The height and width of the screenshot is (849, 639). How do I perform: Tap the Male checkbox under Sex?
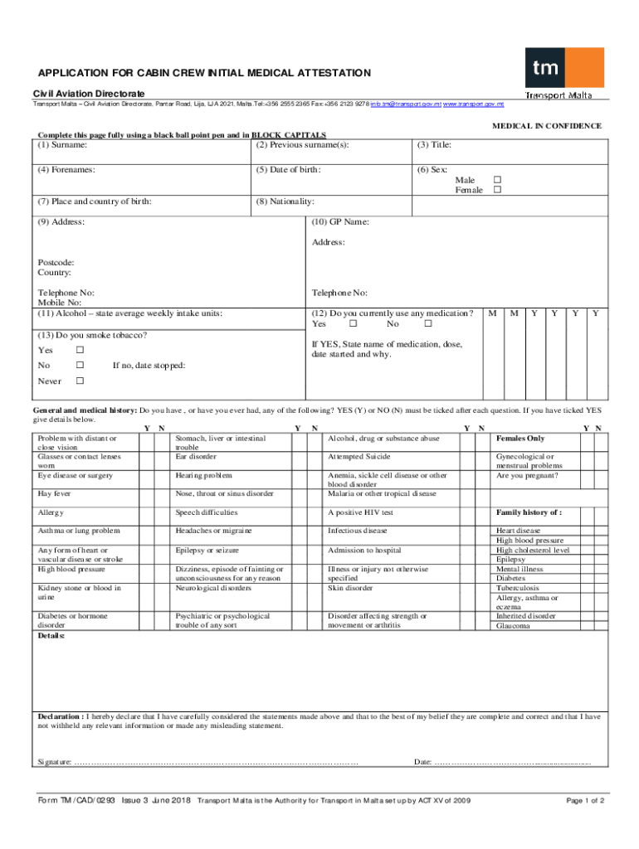click(x=498, y=180)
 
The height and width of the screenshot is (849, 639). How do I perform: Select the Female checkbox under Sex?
click(x=498, y=191)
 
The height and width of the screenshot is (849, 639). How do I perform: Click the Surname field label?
click(x=62, y=145)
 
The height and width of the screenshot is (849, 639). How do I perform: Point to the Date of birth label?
click(x=289, y=170)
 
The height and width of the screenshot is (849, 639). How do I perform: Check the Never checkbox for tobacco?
click(x=80, y=381)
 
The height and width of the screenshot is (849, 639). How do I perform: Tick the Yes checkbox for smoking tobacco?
click(x=80, y=350)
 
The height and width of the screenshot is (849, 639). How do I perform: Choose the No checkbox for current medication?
click(x=428, y=324)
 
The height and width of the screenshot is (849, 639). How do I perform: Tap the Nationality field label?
click(x=285, y=201)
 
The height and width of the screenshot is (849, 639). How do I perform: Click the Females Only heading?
click(x=520, y=438)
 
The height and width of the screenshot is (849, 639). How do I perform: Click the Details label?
click(x=51, y=636)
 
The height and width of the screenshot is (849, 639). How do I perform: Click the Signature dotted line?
click(x=216, y=762)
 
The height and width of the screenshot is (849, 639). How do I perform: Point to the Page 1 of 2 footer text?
click(x=584, y=801)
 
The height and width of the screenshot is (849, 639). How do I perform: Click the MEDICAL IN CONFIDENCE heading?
click(x=547, y=126)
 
